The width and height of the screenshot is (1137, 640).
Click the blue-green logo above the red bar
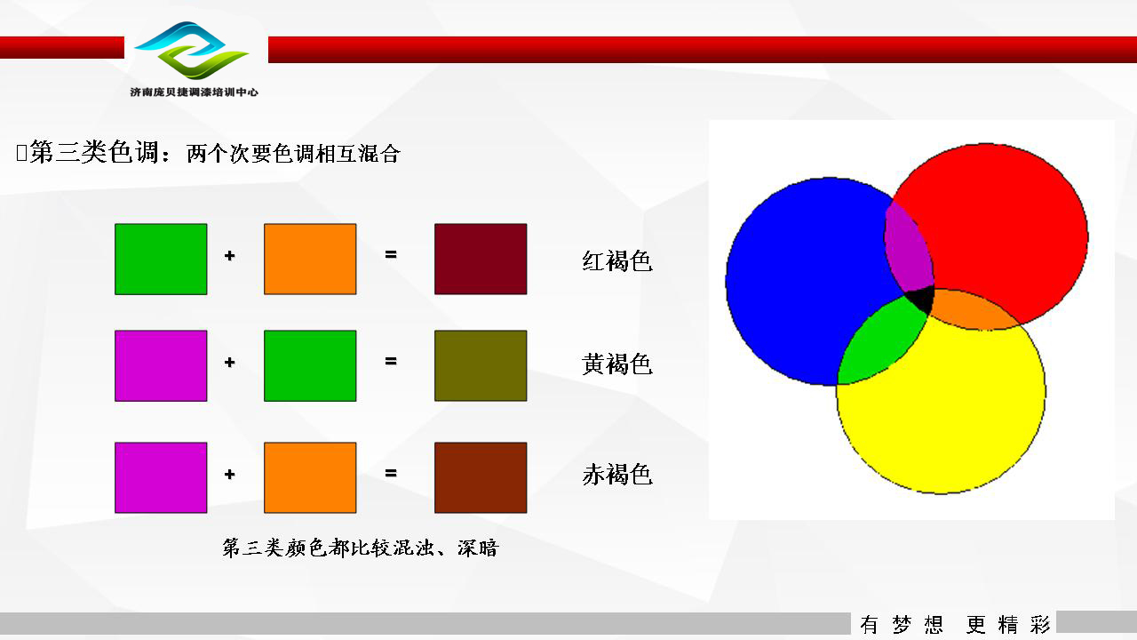click(191, 50)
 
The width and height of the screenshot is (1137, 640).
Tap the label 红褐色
click(616, 260)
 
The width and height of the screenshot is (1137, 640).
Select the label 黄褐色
click(616, 364)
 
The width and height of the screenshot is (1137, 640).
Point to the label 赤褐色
click(616, 474)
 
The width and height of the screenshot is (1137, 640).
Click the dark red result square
click(481, 259)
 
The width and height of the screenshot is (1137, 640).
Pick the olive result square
click(481, 365)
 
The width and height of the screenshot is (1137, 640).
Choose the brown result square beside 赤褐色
click(481, 477)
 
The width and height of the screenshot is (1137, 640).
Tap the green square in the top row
click(161, 259)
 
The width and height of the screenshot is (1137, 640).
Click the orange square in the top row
click(310, 259)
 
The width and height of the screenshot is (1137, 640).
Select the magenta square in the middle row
click(161, 365)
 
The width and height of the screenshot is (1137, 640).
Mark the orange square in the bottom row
click(310, 477)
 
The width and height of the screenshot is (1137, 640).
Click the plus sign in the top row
click(229, 255)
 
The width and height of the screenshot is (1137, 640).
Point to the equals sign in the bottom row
click(390, 474)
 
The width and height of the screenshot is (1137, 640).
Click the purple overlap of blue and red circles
click(909, 249)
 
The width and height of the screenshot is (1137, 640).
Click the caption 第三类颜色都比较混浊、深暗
click(361, 548)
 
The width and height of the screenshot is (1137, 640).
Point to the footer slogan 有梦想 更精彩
click(955, 624)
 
